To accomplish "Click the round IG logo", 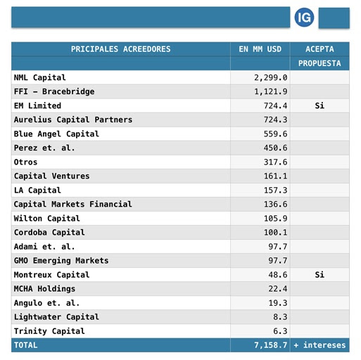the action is pos(304,18).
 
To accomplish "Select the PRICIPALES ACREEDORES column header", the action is pos(120,49).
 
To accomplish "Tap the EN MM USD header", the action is pos(260,49).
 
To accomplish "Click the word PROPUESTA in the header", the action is pos(319,63).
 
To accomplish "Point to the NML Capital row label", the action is pos(40,77).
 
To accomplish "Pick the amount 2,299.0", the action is pos(271,77).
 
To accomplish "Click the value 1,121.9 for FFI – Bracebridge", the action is pos(271,91).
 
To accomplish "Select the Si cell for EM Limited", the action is pos(319,105).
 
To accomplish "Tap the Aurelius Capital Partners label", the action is pos(73,120).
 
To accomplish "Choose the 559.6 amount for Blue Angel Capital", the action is pos(275,134).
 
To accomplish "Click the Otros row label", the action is pos(25,162).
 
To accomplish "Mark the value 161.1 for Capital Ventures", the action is pos(275,176).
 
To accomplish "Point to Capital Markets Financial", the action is pos(73,204).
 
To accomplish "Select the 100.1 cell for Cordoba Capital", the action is pos(275,232).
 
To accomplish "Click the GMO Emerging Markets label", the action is pos(61,261).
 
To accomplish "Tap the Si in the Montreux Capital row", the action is pos(319,275).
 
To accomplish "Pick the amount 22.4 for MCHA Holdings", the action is pos(278,289).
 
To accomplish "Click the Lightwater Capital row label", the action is pos(56,317).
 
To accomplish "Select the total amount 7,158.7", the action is pos(271,345).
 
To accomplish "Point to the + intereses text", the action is pos(319,345).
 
